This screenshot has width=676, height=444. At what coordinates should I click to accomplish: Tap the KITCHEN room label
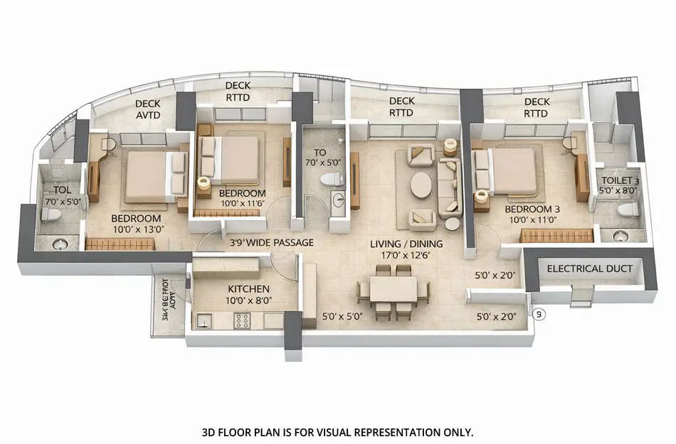(248, 289)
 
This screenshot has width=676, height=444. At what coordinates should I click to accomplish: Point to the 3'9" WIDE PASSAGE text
(271, 243)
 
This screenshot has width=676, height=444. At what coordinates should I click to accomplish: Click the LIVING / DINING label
(406, 244)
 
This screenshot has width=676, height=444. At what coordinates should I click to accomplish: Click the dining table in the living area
(393, 289)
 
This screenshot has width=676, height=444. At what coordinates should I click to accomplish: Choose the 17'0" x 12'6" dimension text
(406, 256)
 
